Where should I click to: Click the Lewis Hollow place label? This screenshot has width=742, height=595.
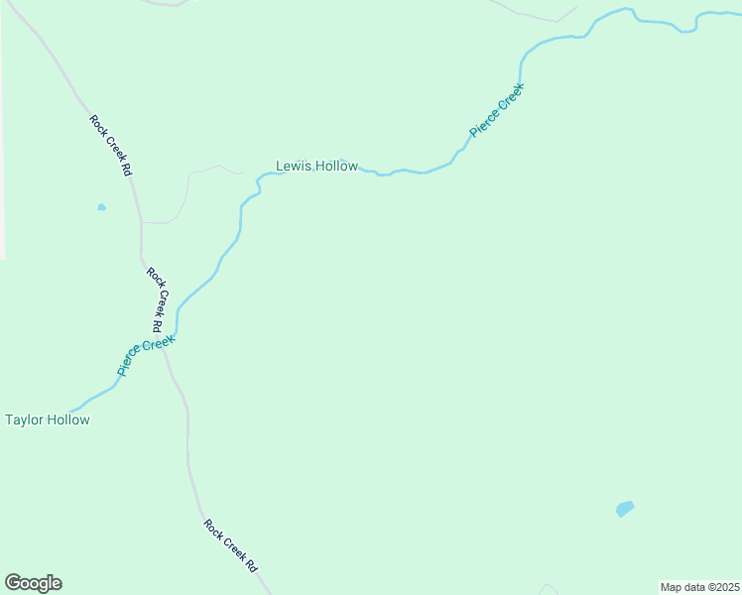pos(316,167)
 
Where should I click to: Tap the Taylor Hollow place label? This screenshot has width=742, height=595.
pos(48,419)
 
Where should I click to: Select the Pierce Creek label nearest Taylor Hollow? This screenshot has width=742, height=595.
pos(146,356)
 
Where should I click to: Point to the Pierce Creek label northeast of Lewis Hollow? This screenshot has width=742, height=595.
pos(496,110)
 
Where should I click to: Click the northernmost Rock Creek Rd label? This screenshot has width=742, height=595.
pos(111,146)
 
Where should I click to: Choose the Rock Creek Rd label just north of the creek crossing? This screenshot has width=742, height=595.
pos(155,298)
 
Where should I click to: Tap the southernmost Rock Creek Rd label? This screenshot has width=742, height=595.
pos(231,546)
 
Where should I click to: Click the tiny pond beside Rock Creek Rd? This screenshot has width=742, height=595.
pos(101,207)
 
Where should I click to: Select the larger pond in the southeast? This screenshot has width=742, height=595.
pos(624,509)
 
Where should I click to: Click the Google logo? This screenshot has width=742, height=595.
pos(33,583)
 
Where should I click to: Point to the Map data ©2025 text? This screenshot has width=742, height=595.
pos(699,587)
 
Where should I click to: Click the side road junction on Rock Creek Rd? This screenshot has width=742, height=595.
pos(142,223)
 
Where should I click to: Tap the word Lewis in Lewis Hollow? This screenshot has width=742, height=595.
pos(294,167)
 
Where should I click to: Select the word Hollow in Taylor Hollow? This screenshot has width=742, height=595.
pos(68,419)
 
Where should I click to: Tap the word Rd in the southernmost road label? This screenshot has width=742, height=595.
pos(252,567)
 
